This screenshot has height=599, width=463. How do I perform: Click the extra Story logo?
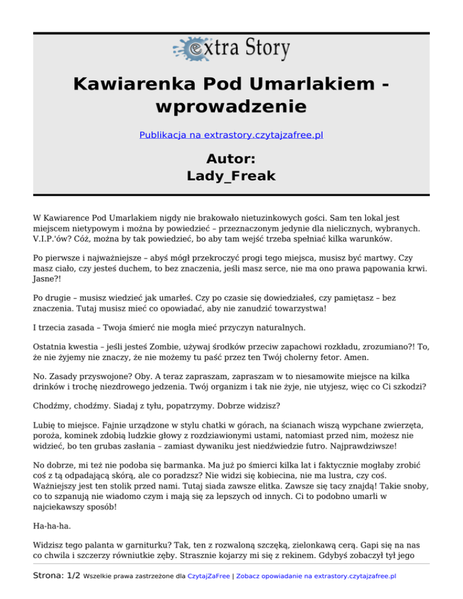[x=231, y=49]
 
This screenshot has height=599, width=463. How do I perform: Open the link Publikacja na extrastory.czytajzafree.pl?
[x=231, y=135]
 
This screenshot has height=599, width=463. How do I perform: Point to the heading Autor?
[x=231, y=158]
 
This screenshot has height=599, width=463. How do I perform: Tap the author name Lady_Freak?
[x=231, y=176]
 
